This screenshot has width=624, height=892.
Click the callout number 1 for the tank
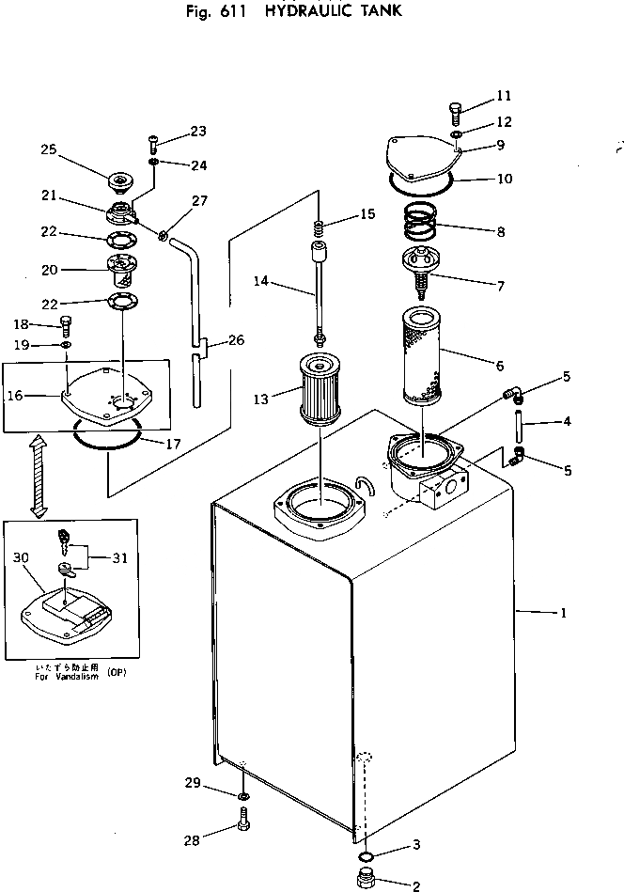(x=562, y=613)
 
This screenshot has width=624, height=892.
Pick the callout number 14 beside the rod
(x=259, y=281)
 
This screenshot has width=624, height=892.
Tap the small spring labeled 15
(x=319, y=227)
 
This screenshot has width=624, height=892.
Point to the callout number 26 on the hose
(x=236, y=340)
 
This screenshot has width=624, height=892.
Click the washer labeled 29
(x=242, y=797)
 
